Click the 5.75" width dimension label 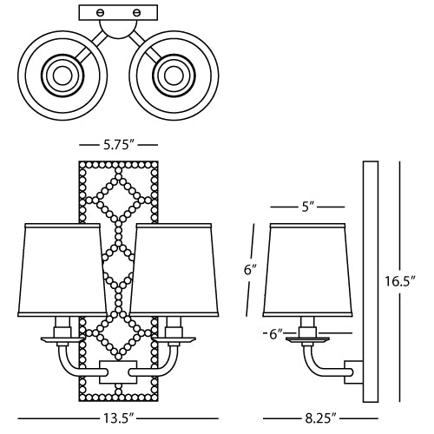pos(118,144)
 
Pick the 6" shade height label pos(250,270)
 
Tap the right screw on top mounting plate pos(137,13)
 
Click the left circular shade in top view pos(61,76)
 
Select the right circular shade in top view pos(168,76)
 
